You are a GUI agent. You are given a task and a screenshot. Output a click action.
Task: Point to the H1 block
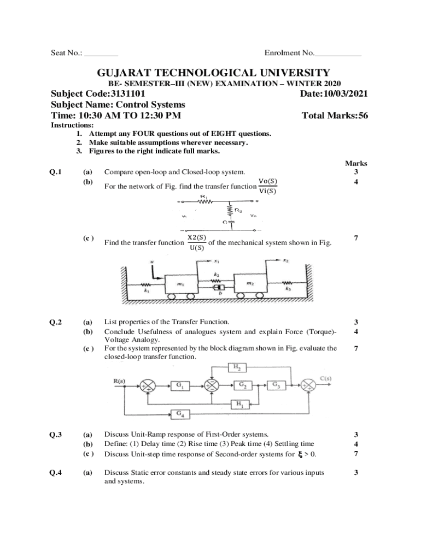240,404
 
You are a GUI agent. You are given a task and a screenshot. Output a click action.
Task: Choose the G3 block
277,385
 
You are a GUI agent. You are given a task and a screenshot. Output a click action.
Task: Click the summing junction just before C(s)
310,385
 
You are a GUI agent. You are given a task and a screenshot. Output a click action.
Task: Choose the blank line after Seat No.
102,53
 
